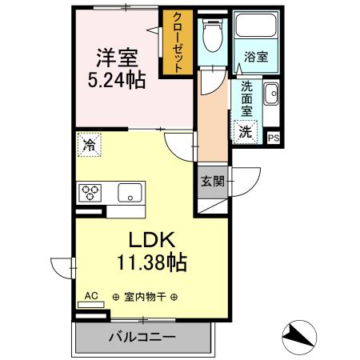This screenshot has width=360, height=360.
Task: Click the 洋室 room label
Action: (117, 59)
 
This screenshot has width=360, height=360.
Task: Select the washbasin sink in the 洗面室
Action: (270, 93)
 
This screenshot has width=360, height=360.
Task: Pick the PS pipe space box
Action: (274, 138)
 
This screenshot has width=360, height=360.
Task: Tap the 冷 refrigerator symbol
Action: (87, 146)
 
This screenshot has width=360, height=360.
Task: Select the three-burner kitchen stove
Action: (90, 192)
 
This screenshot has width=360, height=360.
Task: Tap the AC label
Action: (91, 296)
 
